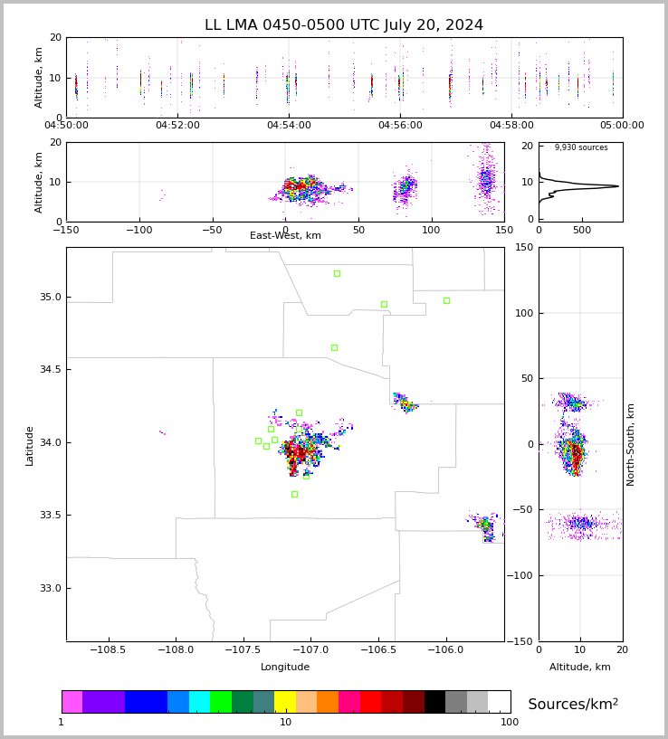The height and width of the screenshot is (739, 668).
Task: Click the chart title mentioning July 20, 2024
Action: point(344,25)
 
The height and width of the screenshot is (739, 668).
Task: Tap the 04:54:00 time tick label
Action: point(289,126)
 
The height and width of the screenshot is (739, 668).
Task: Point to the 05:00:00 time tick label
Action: point(622,126)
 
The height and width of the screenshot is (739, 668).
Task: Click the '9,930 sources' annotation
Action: point(581,147)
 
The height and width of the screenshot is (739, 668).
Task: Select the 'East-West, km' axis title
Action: point(285,236)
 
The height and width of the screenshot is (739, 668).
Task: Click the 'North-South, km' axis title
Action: point(631,444)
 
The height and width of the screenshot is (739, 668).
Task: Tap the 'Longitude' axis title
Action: point(285,667)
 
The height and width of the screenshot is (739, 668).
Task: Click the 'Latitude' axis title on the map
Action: point(30,445)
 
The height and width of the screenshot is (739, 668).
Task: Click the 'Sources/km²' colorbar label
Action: point(573,704)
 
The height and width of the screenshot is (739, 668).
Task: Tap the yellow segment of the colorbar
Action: point(285,702)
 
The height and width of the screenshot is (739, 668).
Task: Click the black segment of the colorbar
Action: point(435,702)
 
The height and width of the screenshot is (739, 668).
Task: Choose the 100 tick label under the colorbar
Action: point(510,722)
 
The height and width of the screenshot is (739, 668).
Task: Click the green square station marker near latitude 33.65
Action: point(294,494)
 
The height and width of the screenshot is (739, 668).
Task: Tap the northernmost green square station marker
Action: point(337,273)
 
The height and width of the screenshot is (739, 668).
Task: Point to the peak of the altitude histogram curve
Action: point(618,186)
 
